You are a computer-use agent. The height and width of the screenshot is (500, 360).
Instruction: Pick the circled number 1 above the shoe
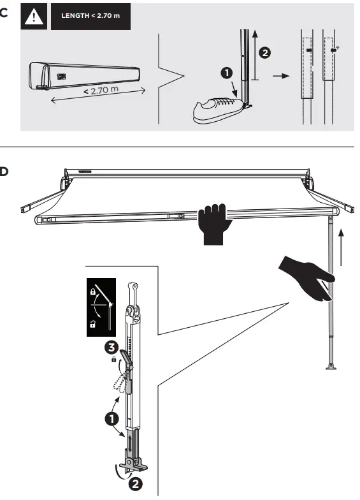[x=226, y=73]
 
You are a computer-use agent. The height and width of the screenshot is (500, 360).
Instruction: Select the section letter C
[x=4, y=13]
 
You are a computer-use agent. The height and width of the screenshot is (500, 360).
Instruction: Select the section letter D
[x=4, y=172]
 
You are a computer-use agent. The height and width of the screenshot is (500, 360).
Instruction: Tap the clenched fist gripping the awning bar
[x=213, y=224]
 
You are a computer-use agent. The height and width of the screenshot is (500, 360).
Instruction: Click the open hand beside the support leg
[x=307, y=275]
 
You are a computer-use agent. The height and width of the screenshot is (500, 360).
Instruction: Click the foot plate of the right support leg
[x=330, y=366]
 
